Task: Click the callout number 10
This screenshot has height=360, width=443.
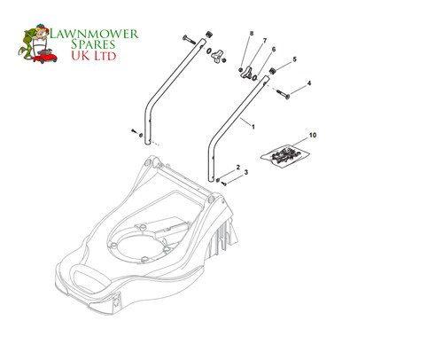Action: pos(313,135)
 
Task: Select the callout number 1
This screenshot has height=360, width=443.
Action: pos(253,127)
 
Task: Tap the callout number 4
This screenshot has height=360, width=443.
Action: pos(309,83)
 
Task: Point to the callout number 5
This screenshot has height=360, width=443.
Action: pos(294,59)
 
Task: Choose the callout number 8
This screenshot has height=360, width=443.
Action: pos(252,33)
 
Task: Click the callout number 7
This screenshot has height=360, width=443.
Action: pos(265,41)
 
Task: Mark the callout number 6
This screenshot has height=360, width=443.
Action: pos(274,50)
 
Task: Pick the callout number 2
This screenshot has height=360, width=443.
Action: pos(238,168)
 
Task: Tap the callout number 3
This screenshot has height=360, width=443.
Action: pos(246,172)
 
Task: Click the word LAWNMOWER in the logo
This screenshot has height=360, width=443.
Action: pos(94,34)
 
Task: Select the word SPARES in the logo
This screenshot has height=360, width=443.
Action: pos(93,44)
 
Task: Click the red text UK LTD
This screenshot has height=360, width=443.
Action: pos(94,56)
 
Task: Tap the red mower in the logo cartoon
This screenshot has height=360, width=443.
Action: pos(45,56)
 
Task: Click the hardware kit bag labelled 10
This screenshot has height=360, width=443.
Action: pos(285,155)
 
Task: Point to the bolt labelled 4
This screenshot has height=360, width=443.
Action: pos(283,94)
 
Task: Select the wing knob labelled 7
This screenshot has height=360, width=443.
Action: pos(245,73)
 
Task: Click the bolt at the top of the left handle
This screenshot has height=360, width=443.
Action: pos(189,40)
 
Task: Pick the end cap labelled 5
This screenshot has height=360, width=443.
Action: pos(273,72)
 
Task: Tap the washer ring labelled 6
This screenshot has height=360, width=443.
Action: pos(254,78)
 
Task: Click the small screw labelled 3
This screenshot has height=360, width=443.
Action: pos(223,184)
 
